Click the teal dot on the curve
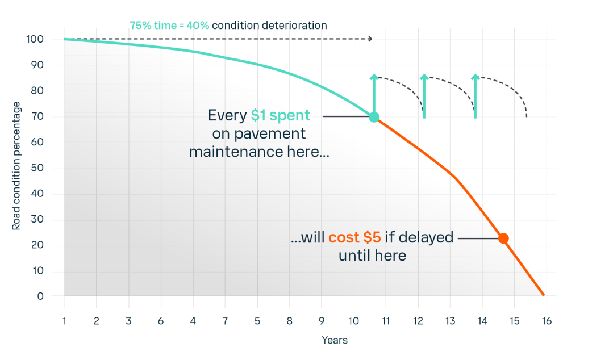374,117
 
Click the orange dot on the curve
503,238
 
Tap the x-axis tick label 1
64,320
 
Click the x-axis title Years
335,340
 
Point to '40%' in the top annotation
198,26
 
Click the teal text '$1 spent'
281,115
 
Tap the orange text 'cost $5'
355,237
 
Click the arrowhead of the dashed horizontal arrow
370,39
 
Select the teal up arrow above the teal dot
374,94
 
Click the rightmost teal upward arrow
475,97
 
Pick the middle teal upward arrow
424,97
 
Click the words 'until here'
372,256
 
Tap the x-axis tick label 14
482,320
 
